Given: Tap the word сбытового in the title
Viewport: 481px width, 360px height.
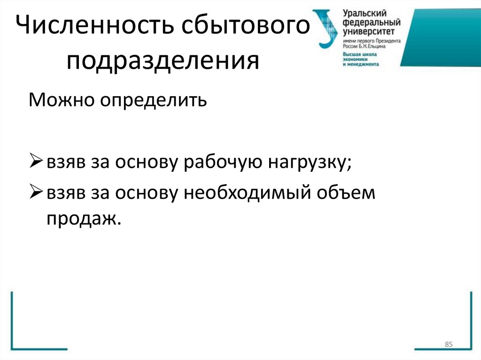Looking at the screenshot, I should pyautogui.click(x=240, y=27).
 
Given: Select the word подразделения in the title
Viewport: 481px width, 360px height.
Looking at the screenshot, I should pyautogui.click(x=163, y=61).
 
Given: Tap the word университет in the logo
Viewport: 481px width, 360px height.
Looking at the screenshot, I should pyautogui.click(x=368, y=31).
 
